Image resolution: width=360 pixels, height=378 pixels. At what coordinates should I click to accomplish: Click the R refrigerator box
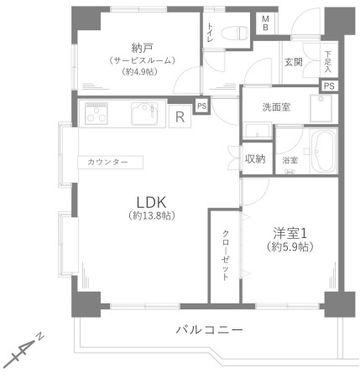pos(180,117)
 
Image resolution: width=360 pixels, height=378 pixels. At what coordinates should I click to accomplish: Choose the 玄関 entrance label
pos(293,61)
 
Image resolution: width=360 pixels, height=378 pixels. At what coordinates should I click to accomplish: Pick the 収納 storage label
pos(255,158)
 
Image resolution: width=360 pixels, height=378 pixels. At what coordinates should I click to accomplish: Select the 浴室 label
pos(290,159)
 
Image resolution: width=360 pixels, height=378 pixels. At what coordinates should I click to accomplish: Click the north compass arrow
pos(25,352)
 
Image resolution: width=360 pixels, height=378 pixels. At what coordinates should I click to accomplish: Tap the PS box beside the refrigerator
pos(201,105)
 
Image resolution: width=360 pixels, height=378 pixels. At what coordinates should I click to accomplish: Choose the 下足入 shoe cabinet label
pos(328,61)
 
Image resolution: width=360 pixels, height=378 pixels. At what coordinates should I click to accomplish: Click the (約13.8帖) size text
pos(152,215)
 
